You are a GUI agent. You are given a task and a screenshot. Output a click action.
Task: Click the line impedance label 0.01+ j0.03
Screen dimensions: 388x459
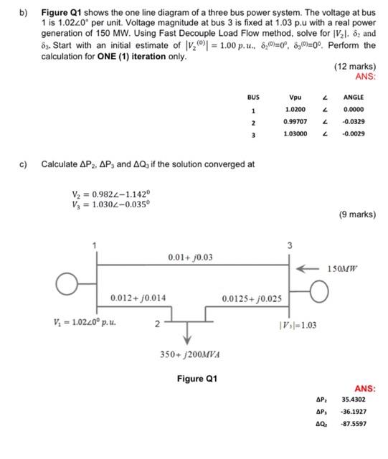pos(189,257)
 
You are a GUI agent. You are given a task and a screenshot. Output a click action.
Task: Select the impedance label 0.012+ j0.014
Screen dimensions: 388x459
pos(138,298)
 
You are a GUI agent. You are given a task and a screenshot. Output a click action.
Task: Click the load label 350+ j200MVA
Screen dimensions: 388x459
pos(189,354)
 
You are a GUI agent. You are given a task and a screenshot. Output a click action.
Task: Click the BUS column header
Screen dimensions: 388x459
pos(252,98)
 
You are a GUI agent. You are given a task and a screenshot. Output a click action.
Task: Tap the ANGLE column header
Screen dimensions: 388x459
pos(354,98)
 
